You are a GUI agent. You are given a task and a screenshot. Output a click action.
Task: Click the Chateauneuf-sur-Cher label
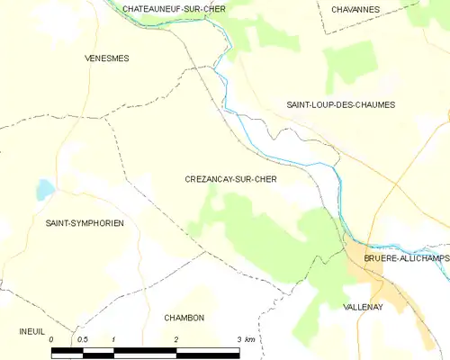(175, 8)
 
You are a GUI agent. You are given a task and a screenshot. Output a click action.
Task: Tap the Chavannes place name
(355, 9)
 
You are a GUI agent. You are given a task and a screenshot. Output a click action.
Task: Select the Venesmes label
(106, 58)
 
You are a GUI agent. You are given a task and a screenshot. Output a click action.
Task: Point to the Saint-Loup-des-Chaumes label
(340, 105)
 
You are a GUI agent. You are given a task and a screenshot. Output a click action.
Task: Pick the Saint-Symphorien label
(85, 222)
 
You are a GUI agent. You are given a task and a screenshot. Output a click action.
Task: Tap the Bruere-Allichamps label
(406, 258)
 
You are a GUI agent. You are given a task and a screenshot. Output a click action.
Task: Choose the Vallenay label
(364, 307)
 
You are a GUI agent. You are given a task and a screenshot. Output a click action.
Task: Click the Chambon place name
(184, 318)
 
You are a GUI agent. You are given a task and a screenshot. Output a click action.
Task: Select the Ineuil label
(31, 331)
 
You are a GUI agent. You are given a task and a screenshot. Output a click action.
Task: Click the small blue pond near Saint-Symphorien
(44, 189)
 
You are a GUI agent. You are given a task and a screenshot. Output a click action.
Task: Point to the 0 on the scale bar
(52, 339)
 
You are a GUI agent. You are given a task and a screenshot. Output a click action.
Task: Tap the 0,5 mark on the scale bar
(82, 339)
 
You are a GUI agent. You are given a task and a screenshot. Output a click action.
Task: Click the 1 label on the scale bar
(114, 339)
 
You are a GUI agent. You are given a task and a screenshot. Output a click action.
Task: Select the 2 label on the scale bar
(176, 339)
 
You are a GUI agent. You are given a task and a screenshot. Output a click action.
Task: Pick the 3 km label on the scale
(244, 339)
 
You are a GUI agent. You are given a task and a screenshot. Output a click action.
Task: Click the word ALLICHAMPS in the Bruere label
(422, 258)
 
